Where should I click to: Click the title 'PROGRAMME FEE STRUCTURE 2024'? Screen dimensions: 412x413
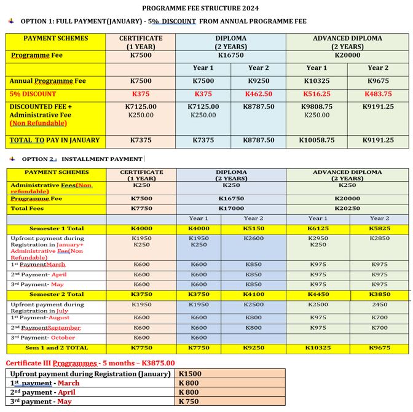point(200,9)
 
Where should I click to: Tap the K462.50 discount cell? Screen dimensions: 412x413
point(258,94)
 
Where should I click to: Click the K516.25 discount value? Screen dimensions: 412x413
point(317,94)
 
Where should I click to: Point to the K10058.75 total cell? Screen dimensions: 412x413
point(317,140)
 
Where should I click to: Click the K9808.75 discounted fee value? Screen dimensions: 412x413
point(317,106)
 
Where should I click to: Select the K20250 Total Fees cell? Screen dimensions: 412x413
point(347,209)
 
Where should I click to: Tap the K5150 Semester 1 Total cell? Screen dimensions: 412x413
point(253,228)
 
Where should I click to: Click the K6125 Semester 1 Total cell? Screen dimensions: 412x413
point(318,228)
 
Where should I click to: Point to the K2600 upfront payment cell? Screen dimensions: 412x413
point(253,238)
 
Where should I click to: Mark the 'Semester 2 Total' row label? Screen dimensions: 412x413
point(57,294)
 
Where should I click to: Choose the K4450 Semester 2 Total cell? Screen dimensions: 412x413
point(318,294)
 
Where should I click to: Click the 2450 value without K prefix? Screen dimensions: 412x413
point(379,304)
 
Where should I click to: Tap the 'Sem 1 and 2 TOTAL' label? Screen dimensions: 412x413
point(57,348)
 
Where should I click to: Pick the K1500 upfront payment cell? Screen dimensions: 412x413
point(190,373)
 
